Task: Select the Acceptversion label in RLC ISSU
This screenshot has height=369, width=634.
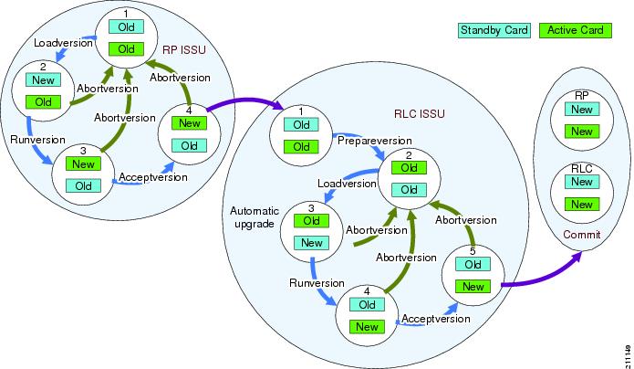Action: pyautogui.click(x=436, y=319)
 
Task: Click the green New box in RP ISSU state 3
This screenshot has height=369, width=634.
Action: pyautogui.click(x=84, y=164)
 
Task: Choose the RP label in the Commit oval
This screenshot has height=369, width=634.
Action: pyautogui.click(x=581, y=95)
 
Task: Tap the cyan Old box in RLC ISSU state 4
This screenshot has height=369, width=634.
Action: pyautogui.click(x=368, y=304)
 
